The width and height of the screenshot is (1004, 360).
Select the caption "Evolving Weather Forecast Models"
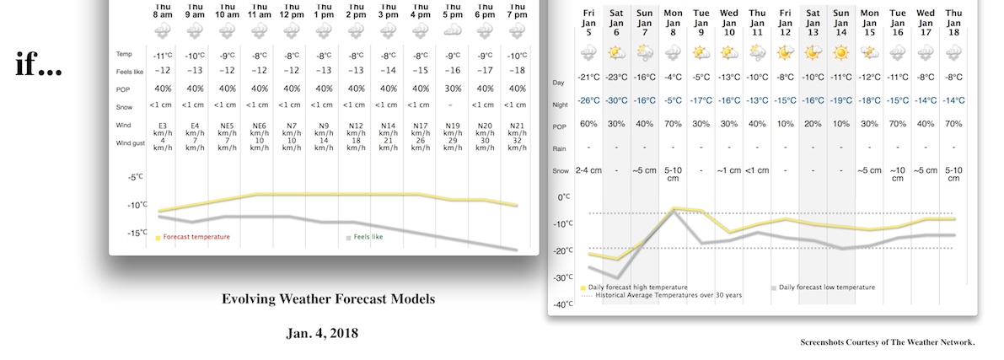click(x=328, y=299)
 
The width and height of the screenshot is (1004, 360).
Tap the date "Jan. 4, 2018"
click(x=322, y=333)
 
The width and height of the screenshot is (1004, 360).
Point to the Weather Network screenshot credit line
click(x=887, y=342)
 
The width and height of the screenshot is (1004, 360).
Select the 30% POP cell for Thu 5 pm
click(x=452, y=89)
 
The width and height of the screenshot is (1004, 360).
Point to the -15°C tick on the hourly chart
click(x=137, y=233)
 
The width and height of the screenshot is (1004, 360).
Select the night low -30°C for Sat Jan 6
click(x=617, y=101)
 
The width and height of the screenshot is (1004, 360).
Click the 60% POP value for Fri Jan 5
click(x=588, y=124)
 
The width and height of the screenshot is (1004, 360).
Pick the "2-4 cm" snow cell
click(x=588, y=170)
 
